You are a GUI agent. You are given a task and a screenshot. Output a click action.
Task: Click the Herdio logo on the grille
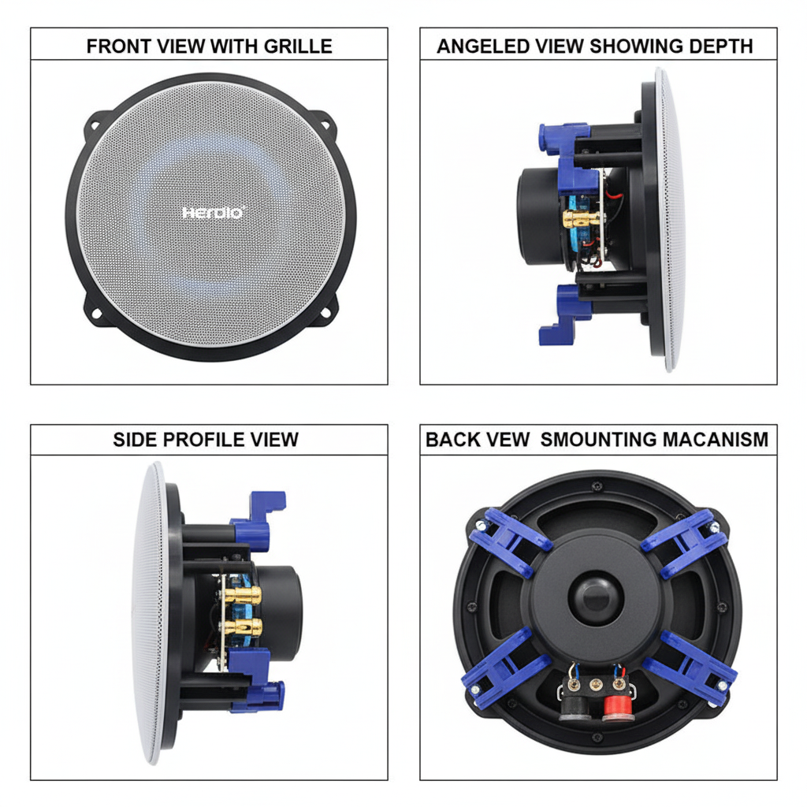tap(214, 213)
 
